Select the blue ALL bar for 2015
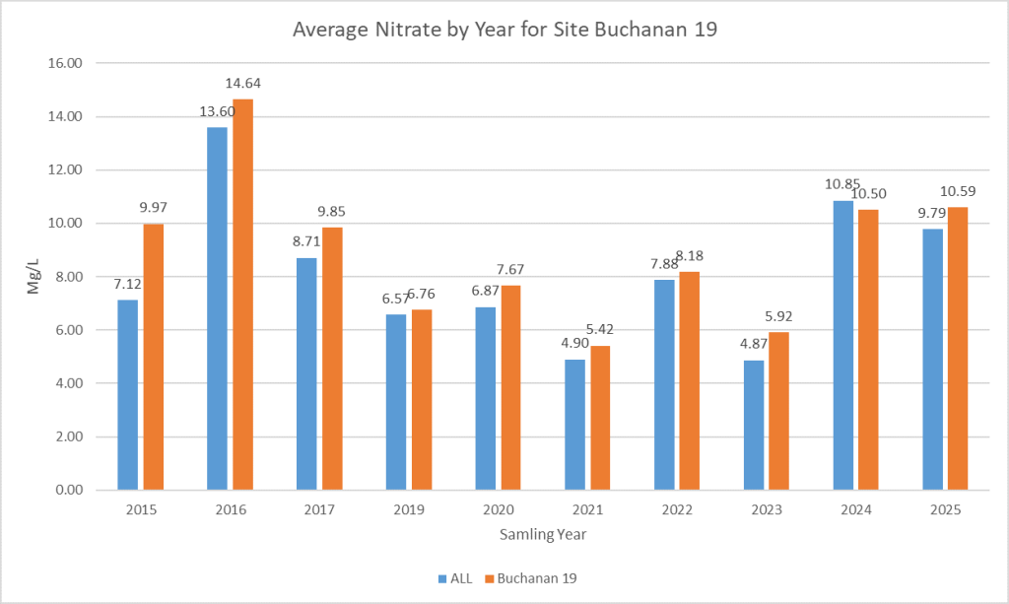click(127, 394)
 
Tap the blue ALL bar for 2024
click(843, 345)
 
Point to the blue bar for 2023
click(754, 425)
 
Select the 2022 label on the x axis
click(677, 510)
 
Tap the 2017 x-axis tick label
click(319, 510)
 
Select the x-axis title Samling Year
click(543, 535)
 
